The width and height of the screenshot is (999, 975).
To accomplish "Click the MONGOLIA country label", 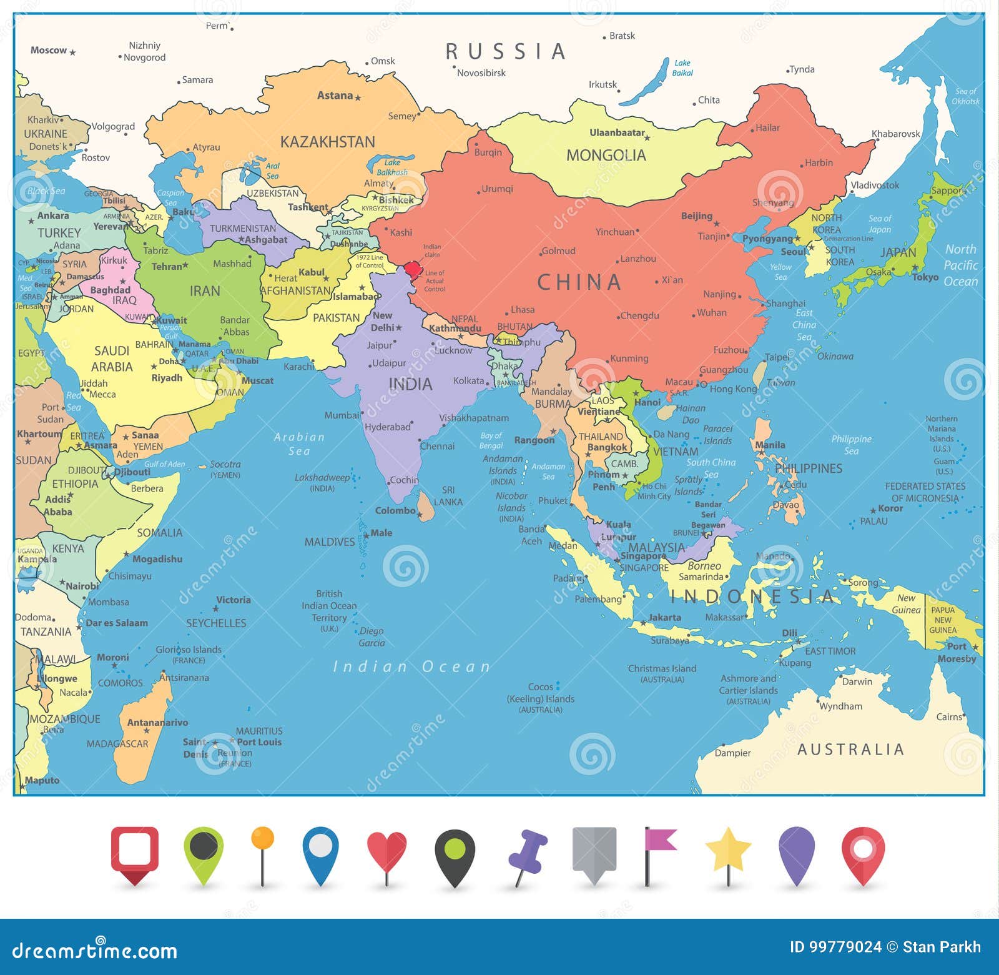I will (606, 156).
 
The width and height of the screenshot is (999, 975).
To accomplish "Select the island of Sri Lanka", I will (426, 505).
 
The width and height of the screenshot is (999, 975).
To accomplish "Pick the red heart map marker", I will (386, 851).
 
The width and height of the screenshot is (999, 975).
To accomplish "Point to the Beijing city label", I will (696, 216).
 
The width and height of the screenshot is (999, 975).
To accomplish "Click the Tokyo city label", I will (925, 277).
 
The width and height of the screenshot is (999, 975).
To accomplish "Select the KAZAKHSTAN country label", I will (327, 142).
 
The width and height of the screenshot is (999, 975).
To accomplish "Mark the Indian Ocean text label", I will (411, 667).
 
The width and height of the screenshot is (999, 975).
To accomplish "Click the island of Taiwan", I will (759, 372).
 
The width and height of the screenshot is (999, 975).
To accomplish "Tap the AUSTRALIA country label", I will (850, 750).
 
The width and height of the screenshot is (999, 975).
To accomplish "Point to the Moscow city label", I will (49, 51).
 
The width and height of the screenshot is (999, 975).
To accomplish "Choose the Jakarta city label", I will (664, 617).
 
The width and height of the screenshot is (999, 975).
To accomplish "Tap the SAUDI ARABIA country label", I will (112, 359).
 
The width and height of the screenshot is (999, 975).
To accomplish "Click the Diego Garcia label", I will (372, 637).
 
